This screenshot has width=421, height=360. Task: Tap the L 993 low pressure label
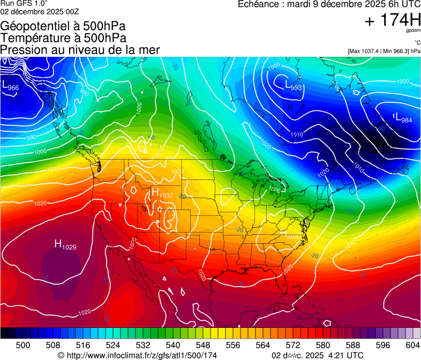[x=293, y=86]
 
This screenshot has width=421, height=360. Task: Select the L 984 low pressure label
[x=403, y=119]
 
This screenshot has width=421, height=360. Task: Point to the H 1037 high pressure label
[x=162, y=193]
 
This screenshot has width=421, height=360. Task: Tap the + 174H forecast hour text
[x=393, y=21]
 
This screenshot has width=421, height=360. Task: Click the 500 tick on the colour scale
[x=23, y=344]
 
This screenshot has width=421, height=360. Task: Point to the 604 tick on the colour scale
[x=413, y=344]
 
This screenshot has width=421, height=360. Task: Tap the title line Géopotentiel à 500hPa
[x=63, y=26]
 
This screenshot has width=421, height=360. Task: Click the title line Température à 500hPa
[x=63, y=38]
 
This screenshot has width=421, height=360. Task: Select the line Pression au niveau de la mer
[x=80, y=50]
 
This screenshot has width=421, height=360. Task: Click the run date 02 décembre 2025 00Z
[x=40, y=11]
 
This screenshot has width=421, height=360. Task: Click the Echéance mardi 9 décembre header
[x=325, y=4]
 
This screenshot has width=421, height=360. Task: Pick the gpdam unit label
[x=414, y=31]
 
